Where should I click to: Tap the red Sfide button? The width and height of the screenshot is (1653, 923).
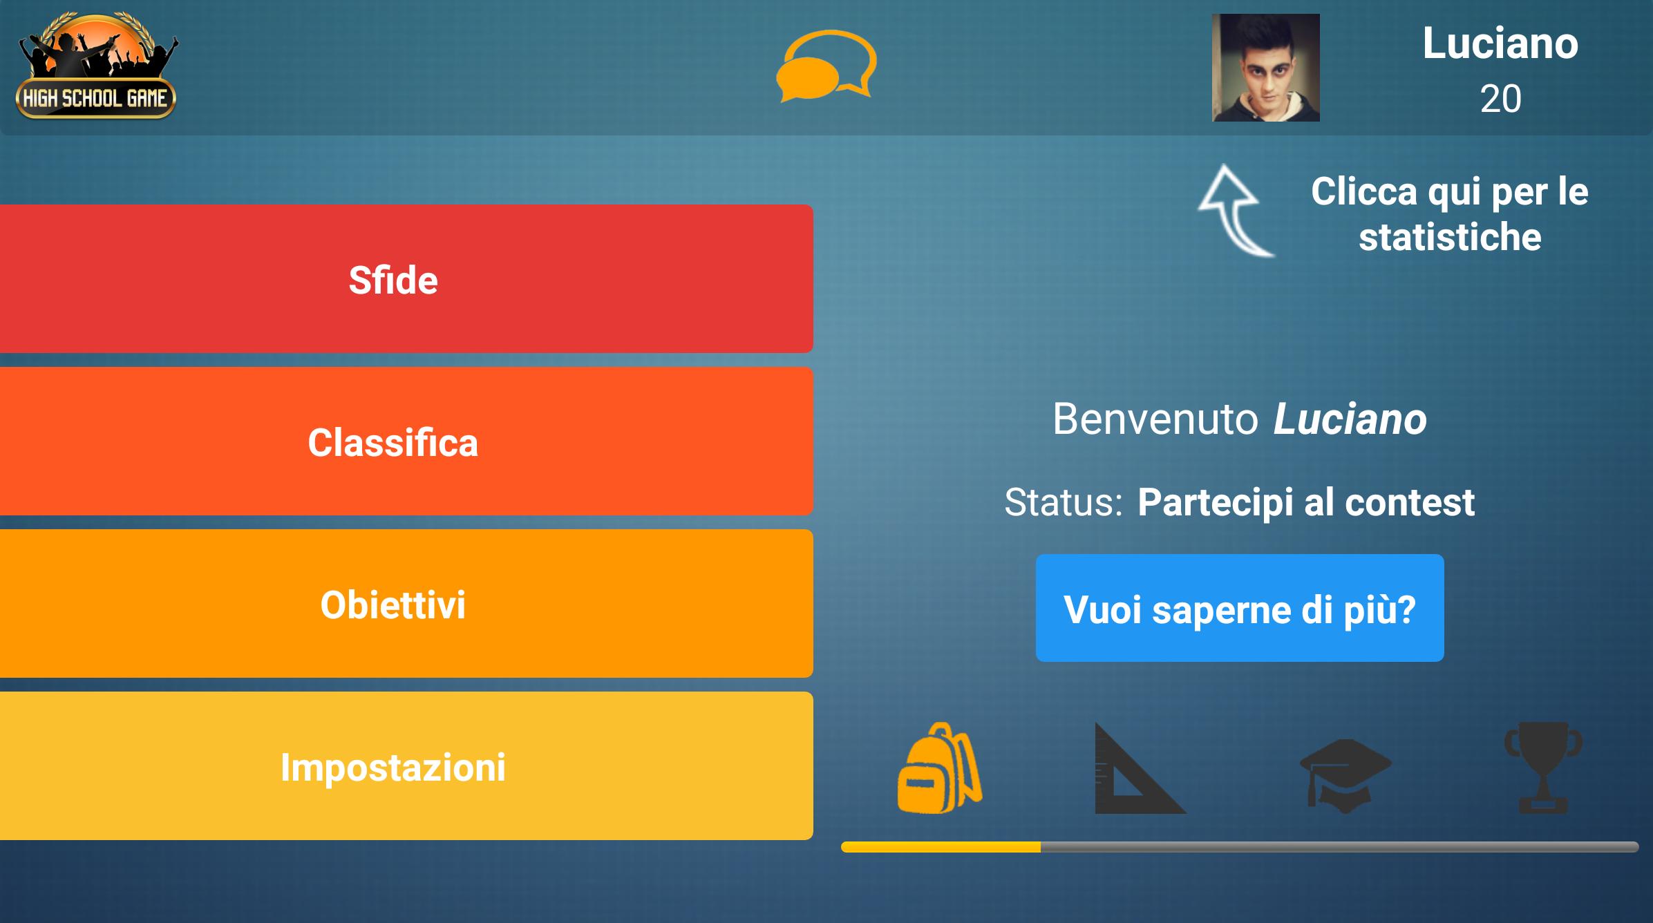(406, 278)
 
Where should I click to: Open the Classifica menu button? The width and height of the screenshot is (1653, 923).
(406, 441)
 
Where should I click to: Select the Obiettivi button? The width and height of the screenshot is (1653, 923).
(406, 603)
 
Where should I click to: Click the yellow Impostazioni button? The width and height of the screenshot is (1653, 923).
(406, 765)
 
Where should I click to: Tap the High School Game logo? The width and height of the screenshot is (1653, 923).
(97, 66)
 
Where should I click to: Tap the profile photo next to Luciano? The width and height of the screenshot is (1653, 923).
(1266, 68)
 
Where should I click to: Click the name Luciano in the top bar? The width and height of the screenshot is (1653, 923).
(1500, 44)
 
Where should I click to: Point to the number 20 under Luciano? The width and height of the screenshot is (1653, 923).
(1500, 99)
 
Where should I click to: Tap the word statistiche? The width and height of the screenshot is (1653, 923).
(1450, 237)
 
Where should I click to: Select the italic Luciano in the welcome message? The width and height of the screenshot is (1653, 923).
(1350, 419)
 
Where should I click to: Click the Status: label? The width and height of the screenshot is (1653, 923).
(1064, 502)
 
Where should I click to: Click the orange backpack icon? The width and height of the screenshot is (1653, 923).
(940, 768)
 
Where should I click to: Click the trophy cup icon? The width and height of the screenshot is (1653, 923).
(1543, 768)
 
